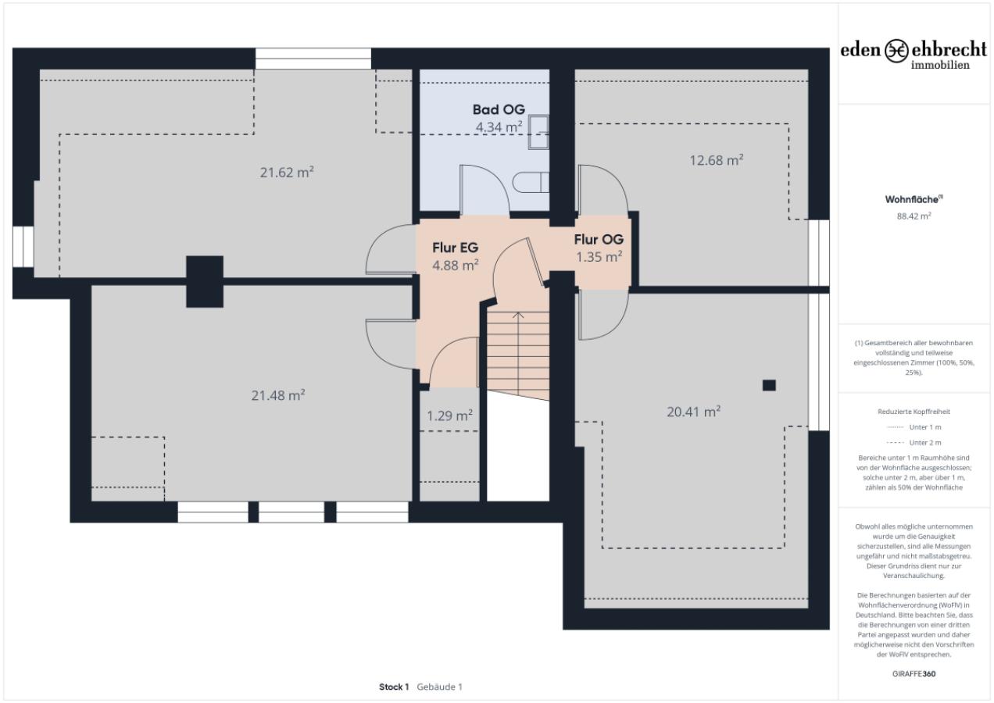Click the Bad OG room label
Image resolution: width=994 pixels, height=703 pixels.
tap(499, 109)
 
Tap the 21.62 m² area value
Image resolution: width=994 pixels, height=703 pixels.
tap(287, 173)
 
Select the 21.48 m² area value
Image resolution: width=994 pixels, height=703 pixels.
tap(277, 396)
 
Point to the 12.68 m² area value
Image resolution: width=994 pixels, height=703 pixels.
tap(717, 160)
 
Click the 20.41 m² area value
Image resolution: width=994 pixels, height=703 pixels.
tap(693, 412)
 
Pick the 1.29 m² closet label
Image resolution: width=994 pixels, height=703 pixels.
tap(449, 416)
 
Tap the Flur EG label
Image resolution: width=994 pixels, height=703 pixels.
tap(455, 248)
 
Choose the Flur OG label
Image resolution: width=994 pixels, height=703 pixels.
tap(599, 240)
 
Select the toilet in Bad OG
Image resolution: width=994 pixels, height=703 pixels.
tap(531, 183)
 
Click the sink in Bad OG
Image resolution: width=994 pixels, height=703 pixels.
tap(539, 131)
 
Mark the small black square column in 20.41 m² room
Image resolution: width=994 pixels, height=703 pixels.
tap(769, 384)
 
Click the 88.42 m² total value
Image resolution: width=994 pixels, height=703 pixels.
tap(914, 216)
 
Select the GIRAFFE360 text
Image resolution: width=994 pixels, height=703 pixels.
tap(914, 673)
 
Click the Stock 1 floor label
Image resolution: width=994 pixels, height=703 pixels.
tap(394, 687)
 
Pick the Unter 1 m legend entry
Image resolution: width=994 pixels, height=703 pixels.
tap(914, 427)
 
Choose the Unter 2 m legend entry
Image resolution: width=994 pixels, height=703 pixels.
tap(914, 442)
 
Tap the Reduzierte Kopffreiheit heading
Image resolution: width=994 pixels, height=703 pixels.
tap(914, 411)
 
